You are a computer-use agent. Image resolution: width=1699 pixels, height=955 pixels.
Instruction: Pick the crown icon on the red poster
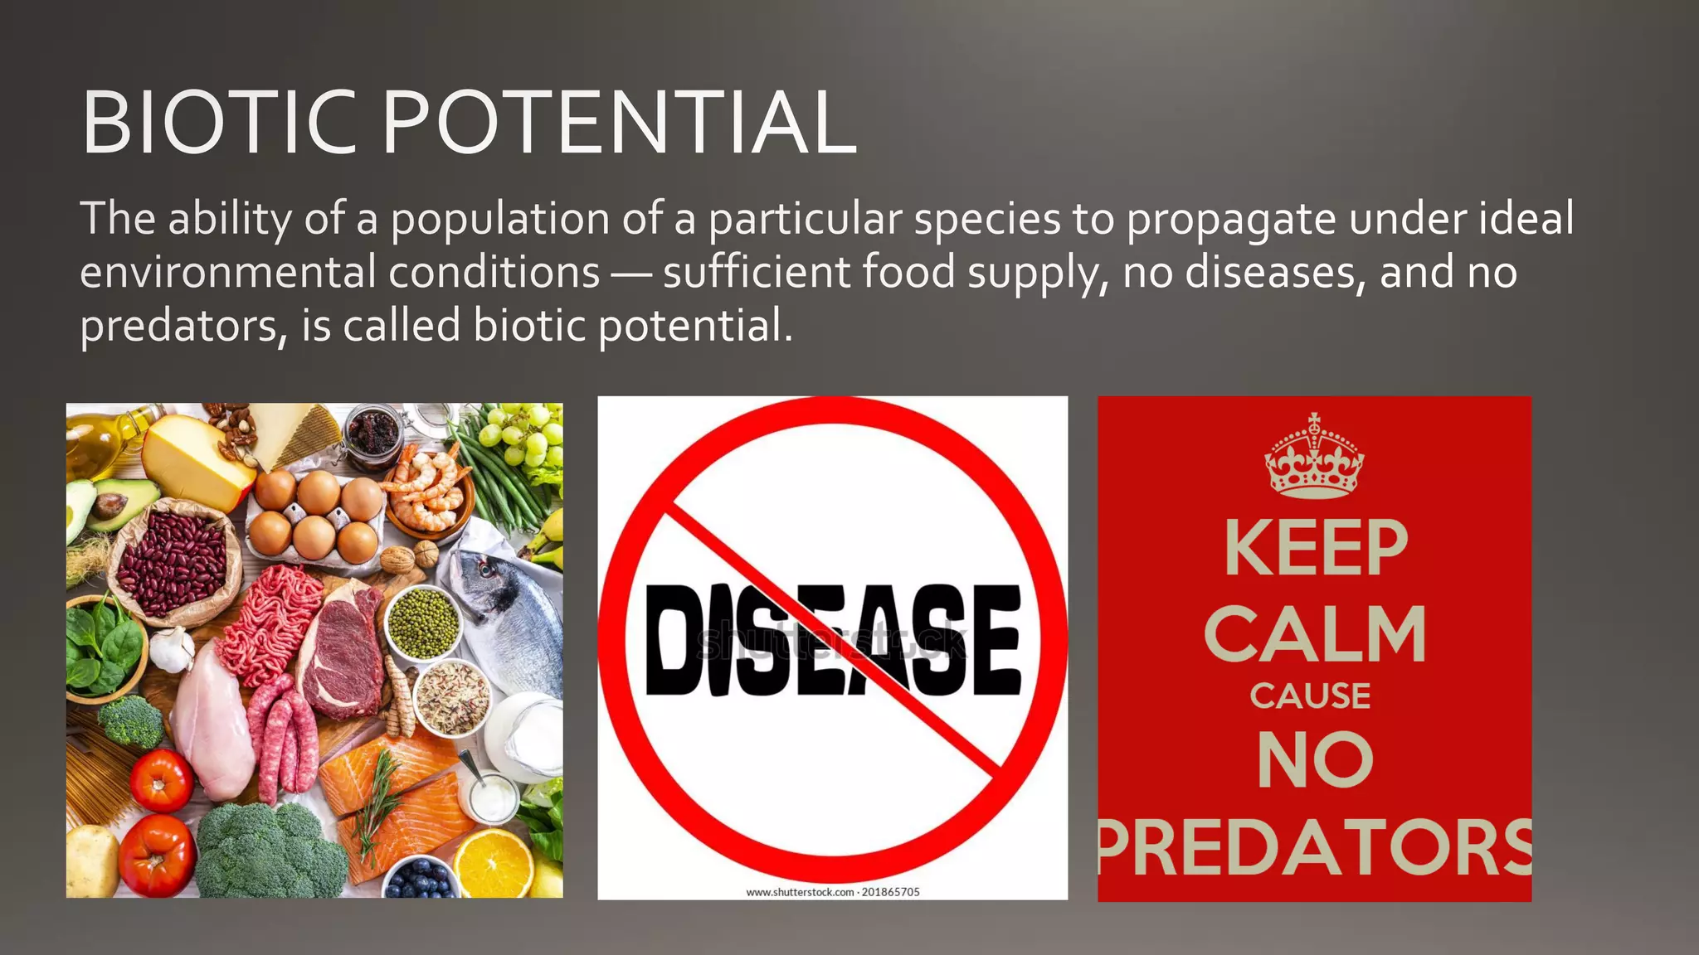(x=1314, y=458)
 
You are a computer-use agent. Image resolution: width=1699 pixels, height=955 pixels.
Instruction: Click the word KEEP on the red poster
(x=1316, y=548)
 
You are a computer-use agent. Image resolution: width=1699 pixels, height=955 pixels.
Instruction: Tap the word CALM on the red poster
(x=1315, y=634)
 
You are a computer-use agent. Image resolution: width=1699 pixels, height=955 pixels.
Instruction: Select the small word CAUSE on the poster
(x=1310, y=696)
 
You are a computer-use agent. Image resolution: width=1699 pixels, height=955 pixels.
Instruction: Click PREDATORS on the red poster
(x=1315, y=847)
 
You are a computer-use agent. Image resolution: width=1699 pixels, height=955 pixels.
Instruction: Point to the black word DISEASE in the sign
(x=832, y=639)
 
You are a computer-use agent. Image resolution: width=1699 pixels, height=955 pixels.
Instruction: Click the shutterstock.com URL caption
(x=832, y=892)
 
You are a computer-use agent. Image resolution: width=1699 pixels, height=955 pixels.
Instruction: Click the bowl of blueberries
(x=421, y=879)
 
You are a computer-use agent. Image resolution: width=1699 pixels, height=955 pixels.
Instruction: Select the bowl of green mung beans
(x=423, y=622)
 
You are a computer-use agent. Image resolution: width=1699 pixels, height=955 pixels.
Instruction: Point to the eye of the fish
(x=484, y=570)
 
